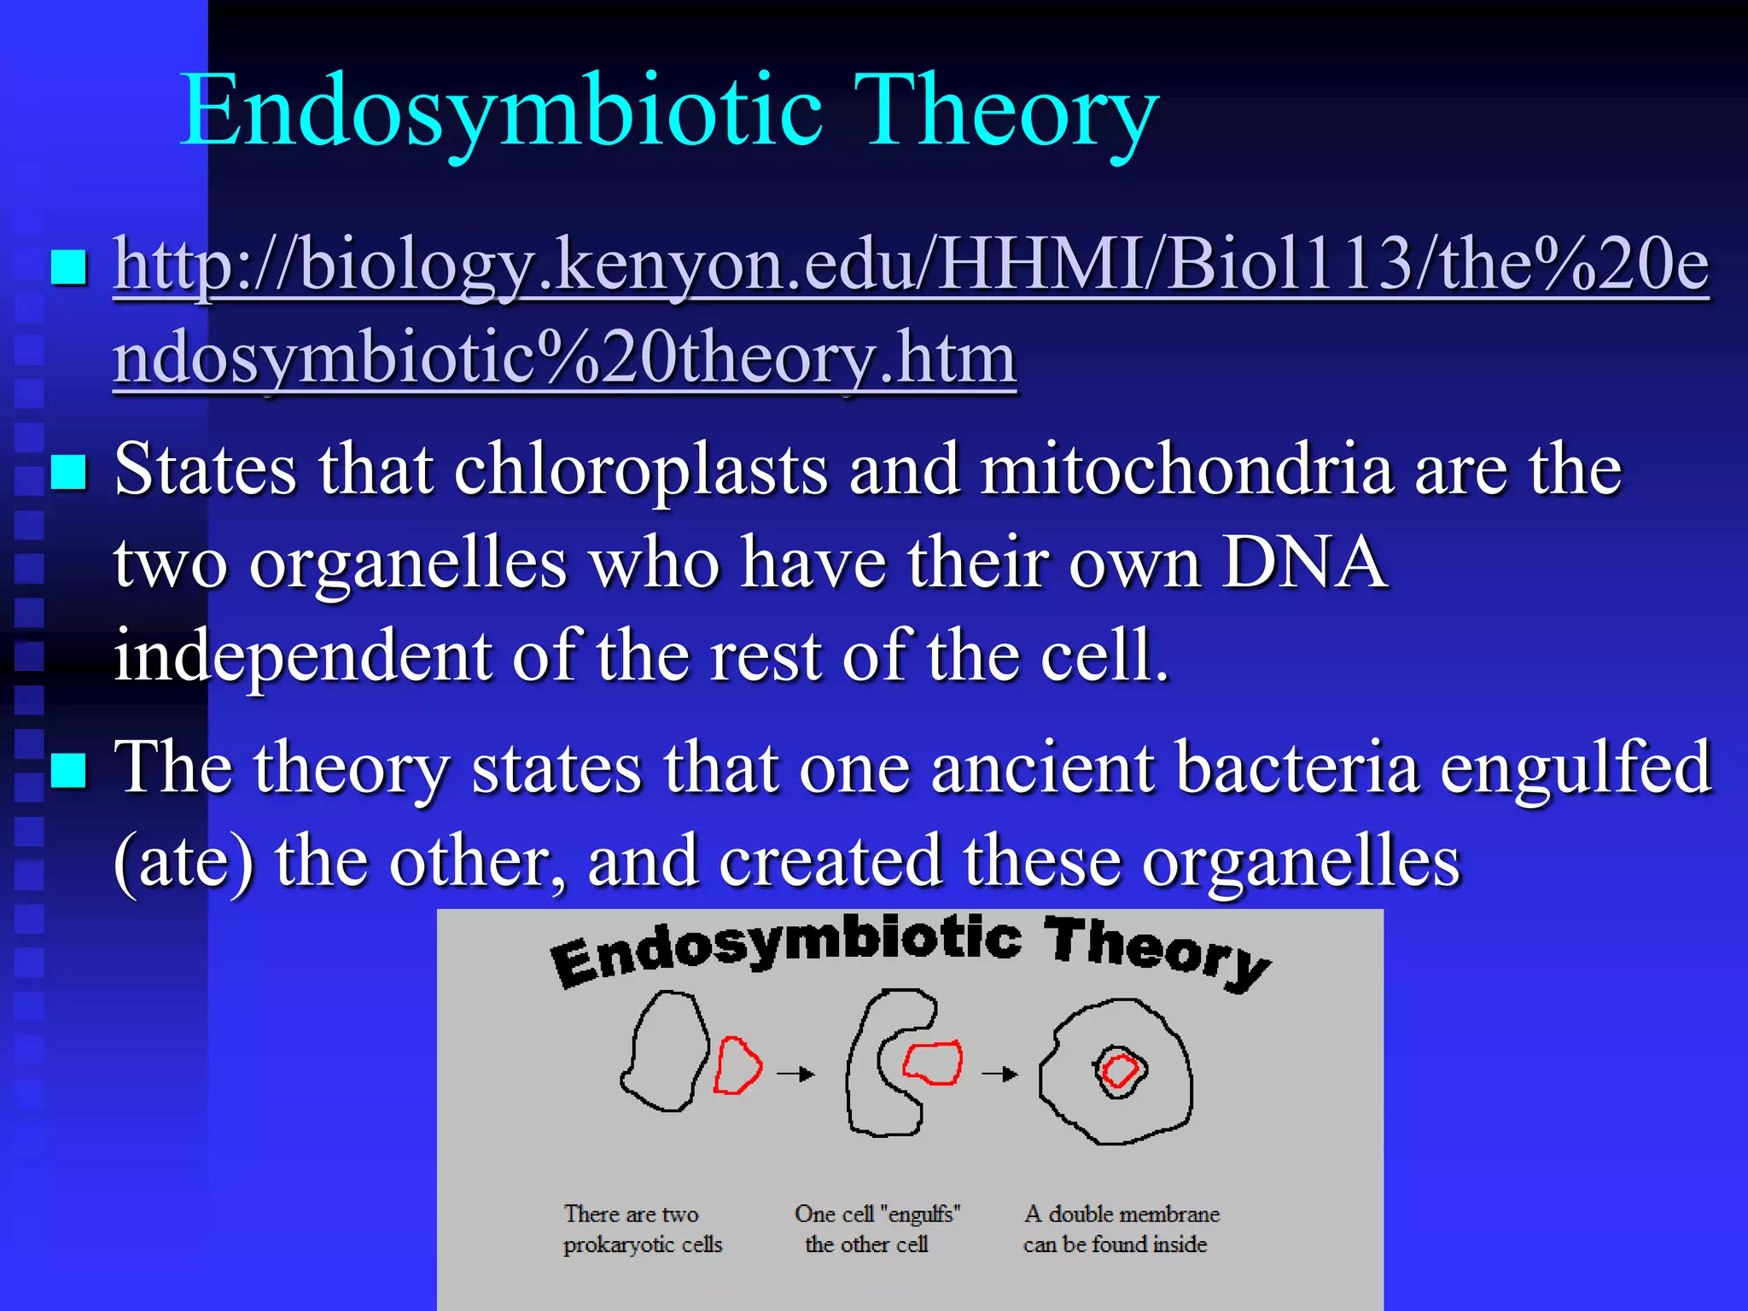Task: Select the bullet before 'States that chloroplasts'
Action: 69,472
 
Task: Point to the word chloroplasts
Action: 640,470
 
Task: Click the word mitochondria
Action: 1186,470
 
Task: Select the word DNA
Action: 1303,563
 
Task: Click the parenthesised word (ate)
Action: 184,862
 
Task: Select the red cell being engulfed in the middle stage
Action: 933,1063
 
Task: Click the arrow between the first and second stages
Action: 795,1073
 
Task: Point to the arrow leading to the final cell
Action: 999,1073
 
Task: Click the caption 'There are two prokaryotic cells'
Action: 642,1229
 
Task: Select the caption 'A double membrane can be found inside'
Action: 1120,1229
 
